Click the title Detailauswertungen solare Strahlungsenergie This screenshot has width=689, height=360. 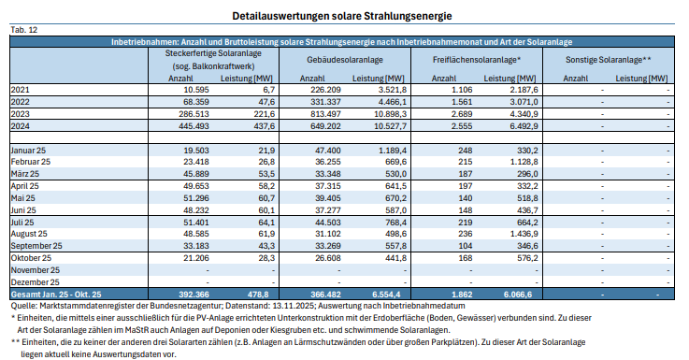343,17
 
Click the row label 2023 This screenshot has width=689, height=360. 21,111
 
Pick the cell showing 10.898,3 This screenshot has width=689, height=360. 385,111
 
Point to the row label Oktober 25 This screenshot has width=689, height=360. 30,257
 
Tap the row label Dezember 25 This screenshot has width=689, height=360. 35,281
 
